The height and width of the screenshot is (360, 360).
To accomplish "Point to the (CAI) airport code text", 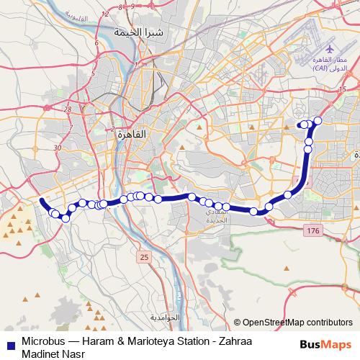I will click(323, 68).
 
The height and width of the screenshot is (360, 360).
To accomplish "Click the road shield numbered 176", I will click(312, 230).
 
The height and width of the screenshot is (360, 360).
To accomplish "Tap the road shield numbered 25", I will click(145, 256).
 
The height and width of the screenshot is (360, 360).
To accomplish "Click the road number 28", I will click(68, 109).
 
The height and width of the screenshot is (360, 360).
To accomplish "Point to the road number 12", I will click(107, 14).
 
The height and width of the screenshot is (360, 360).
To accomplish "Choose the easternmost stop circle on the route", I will click(318, 120).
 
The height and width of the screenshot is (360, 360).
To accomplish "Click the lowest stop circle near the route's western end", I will click(66, 218).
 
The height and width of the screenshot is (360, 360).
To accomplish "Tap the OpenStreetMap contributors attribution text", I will click(297, 323).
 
